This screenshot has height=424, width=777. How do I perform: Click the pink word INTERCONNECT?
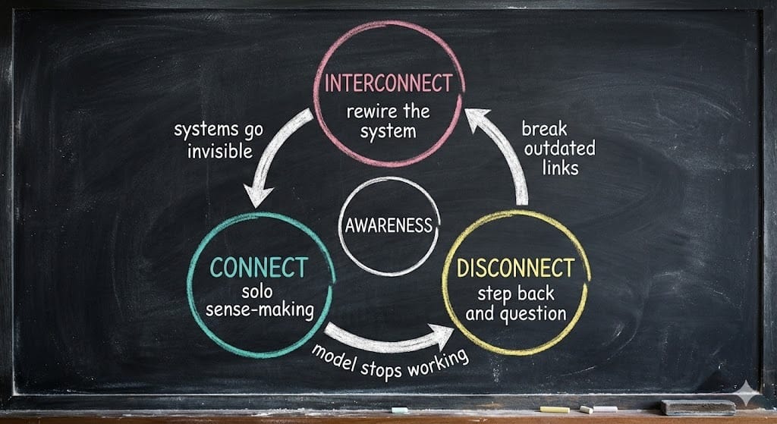(x=388, y=83)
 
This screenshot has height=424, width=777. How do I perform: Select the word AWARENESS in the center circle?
(x=388, y=225)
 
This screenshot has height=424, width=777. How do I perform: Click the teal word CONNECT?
(x=259, y=268)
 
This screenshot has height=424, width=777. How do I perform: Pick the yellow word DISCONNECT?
(x=514, y=268)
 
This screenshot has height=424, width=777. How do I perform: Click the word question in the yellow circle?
(x=536, y=313)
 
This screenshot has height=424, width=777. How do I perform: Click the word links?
(x=561, y=168)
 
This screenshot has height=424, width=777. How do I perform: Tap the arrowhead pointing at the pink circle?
(x=478, y=119)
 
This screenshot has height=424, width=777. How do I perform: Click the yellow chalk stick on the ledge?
(x=554, y=410)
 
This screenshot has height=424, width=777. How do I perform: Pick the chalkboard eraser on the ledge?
(x=697, y=407)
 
